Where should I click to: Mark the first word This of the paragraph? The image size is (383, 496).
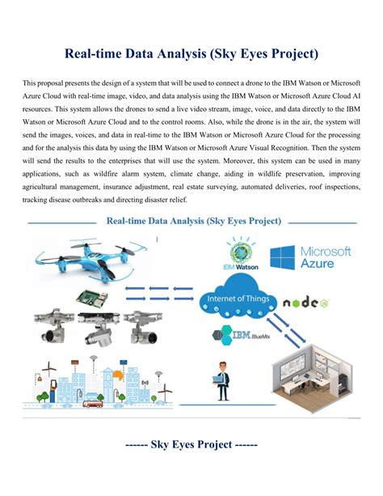coord(30,83)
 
